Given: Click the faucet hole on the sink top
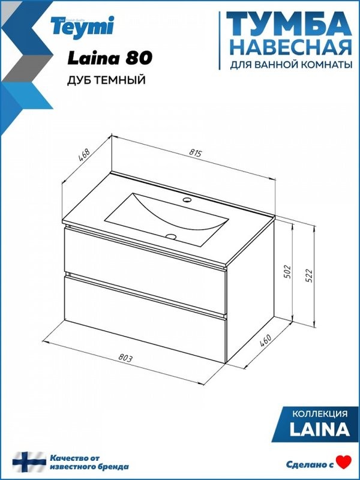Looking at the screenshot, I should click(187, 199).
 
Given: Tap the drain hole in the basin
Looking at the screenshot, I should click(171, 236).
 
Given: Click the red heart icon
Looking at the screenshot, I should click(343, 463).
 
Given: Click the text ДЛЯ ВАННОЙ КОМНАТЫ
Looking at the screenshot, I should click(290, 64).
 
